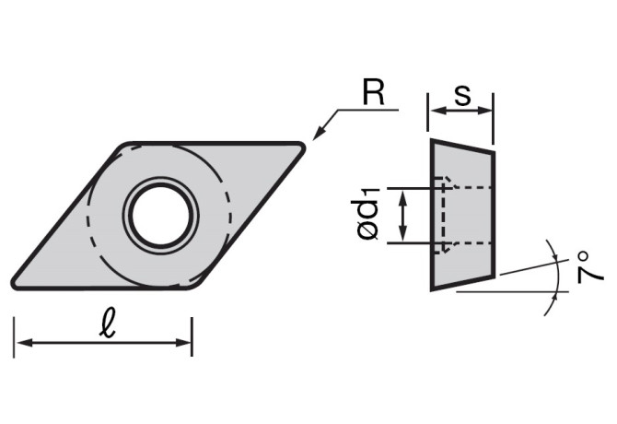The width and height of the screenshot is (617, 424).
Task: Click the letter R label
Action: click(x=372, y=92)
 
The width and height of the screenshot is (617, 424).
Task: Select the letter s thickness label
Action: click(x=462, y=94)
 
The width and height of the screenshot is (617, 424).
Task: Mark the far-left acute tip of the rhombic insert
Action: click(x=15, y=282)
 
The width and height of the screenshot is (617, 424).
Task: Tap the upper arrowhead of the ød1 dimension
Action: click(x=402, y=194)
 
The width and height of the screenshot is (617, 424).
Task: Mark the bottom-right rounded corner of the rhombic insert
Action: click(x=196, y=286)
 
